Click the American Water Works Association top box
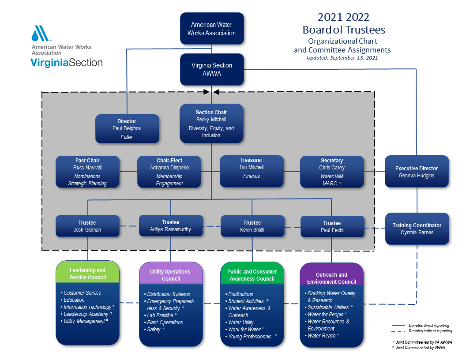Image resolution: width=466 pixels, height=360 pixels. click(212, 29)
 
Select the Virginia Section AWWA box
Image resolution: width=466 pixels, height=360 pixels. click(212, 69)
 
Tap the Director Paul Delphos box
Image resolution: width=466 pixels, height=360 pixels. click(127, 128)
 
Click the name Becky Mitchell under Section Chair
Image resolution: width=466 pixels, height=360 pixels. click(211, 120)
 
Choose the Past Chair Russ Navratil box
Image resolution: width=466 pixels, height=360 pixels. click(87, 172)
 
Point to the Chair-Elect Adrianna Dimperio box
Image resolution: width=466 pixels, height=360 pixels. click(169, 172)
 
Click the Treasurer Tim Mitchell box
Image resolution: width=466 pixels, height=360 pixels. click(252, 171)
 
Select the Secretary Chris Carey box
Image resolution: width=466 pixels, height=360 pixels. click(332, 172)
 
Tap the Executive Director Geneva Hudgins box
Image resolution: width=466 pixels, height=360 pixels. click(417, 172)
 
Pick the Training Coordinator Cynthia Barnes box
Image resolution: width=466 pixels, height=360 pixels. click(417, 229)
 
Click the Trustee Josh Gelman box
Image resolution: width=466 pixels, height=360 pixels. click(87, 226)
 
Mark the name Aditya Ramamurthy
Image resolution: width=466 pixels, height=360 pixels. click(171, 229)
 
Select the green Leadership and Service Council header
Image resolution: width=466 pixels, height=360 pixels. click(87, 274)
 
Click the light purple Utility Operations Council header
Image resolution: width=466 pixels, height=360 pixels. click(171, 275)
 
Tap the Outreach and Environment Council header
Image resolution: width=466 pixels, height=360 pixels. click(332, 278)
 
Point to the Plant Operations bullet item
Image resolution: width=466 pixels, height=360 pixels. click(165, 322)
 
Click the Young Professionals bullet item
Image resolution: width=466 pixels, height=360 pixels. click(250, 337)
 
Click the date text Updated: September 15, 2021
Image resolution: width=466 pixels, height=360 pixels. click(342, 58)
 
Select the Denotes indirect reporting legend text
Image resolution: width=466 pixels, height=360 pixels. click(430, 331)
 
